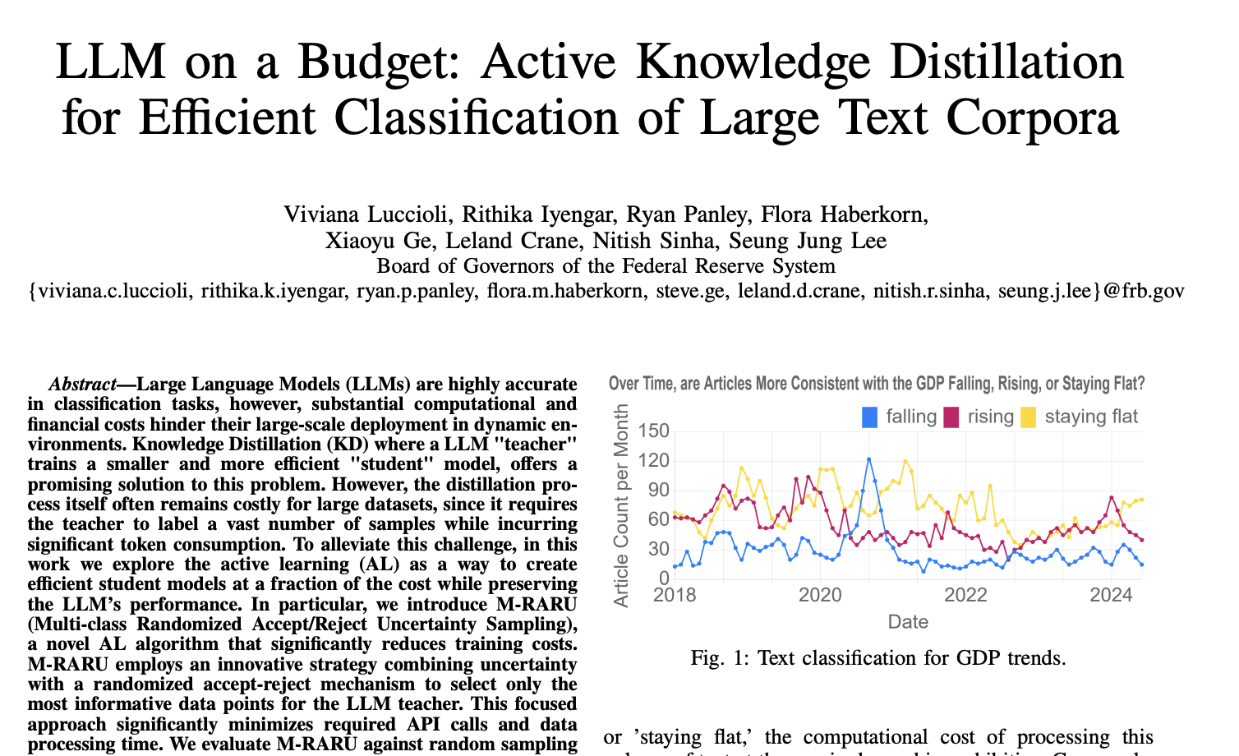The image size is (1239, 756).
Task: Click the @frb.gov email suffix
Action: [1144, 291]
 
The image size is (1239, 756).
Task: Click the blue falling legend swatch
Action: [869, 417]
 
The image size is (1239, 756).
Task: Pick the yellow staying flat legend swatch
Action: [1028, 417]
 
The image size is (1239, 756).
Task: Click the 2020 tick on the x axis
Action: [819, 594]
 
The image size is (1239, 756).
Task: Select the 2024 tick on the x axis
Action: [1112, 594]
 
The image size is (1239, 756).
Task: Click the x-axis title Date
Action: [908, 622]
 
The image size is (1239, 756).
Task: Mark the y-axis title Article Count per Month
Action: [621, 505]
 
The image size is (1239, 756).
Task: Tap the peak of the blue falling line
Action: [868, 459]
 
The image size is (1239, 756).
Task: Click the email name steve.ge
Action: [689, 291]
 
